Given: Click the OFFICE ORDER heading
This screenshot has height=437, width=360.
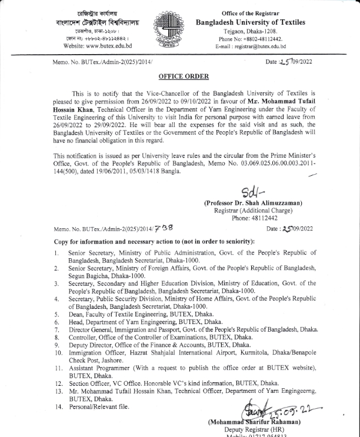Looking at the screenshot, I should point(183,76).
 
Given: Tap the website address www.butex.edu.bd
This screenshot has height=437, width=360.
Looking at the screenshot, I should point(97,45).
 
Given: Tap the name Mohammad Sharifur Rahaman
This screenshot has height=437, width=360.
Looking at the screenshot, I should point(254,422).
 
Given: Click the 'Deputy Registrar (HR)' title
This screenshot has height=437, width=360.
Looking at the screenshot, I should point(255,431).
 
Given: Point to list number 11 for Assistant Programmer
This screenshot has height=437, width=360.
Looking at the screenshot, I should point(57,368).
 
